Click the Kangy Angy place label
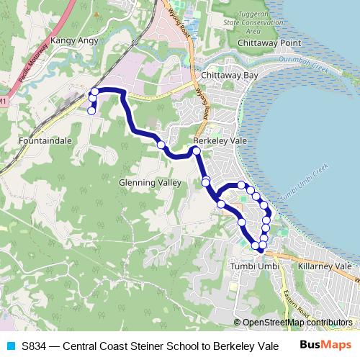point(74,42)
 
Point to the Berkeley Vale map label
point(220,141)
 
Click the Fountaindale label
point(46,141)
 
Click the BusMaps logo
point(325,346)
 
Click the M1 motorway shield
point(3,103)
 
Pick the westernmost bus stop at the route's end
point(91,110)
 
